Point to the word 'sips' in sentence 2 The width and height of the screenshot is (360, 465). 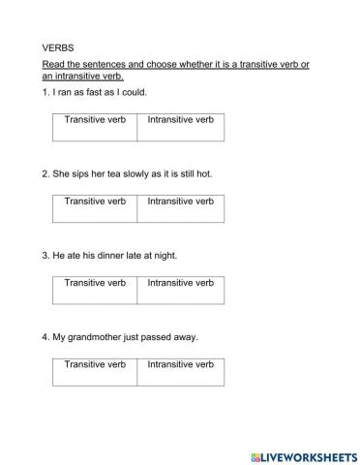pyautogui.click(x=83, y=174)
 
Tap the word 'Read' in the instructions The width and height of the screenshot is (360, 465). pyautogui.click(x=54, y=64)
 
